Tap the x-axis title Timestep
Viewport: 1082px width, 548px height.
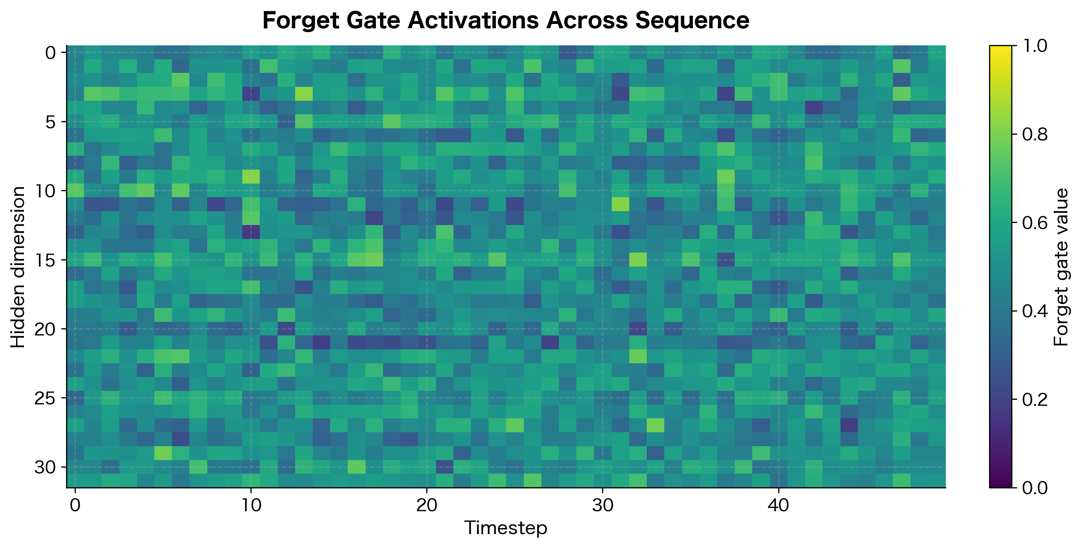(506, 528)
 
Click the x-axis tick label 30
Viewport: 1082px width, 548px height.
(603, 505)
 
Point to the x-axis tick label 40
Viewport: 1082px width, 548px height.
(778, 505)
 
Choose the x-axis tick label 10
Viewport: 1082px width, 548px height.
(251, 505)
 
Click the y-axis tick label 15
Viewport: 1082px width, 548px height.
(45, 260)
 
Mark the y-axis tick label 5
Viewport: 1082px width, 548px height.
(50, 122)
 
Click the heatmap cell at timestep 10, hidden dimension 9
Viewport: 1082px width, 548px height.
(251, 177)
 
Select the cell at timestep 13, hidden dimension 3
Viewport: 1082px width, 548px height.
(304, 94)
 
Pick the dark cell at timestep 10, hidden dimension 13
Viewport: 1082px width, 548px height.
(251, 232)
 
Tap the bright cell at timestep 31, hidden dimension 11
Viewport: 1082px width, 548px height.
(620, 204)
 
